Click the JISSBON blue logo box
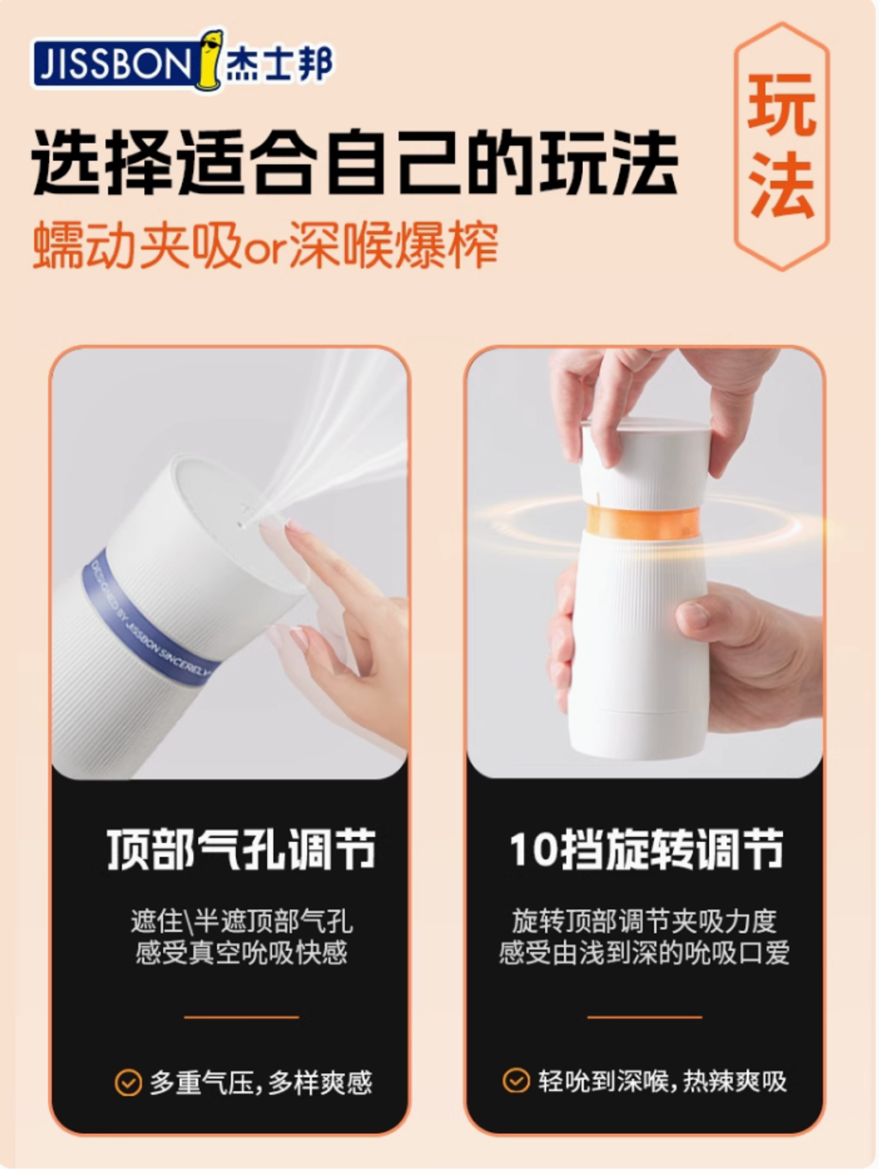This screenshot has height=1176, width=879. (x=112, y=64)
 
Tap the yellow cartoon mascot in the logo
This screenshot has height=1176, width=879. (x=210, y=59)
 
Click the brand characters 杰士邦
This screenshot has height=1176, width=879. (x=278, y=64)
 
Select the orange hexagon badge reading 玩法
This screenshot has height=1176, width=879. (x=781, y=146)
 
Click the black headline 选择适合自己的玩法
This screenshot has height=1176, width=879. (x=355, y=161)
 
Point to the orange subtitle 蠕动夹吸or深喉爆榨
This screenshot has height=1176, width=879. (x=266, y=246)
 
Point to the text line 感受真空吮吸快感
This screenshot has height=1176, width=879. (x=241, y=953)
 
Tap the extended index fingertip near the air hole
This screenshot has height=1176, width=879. (x=292, y=530)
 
